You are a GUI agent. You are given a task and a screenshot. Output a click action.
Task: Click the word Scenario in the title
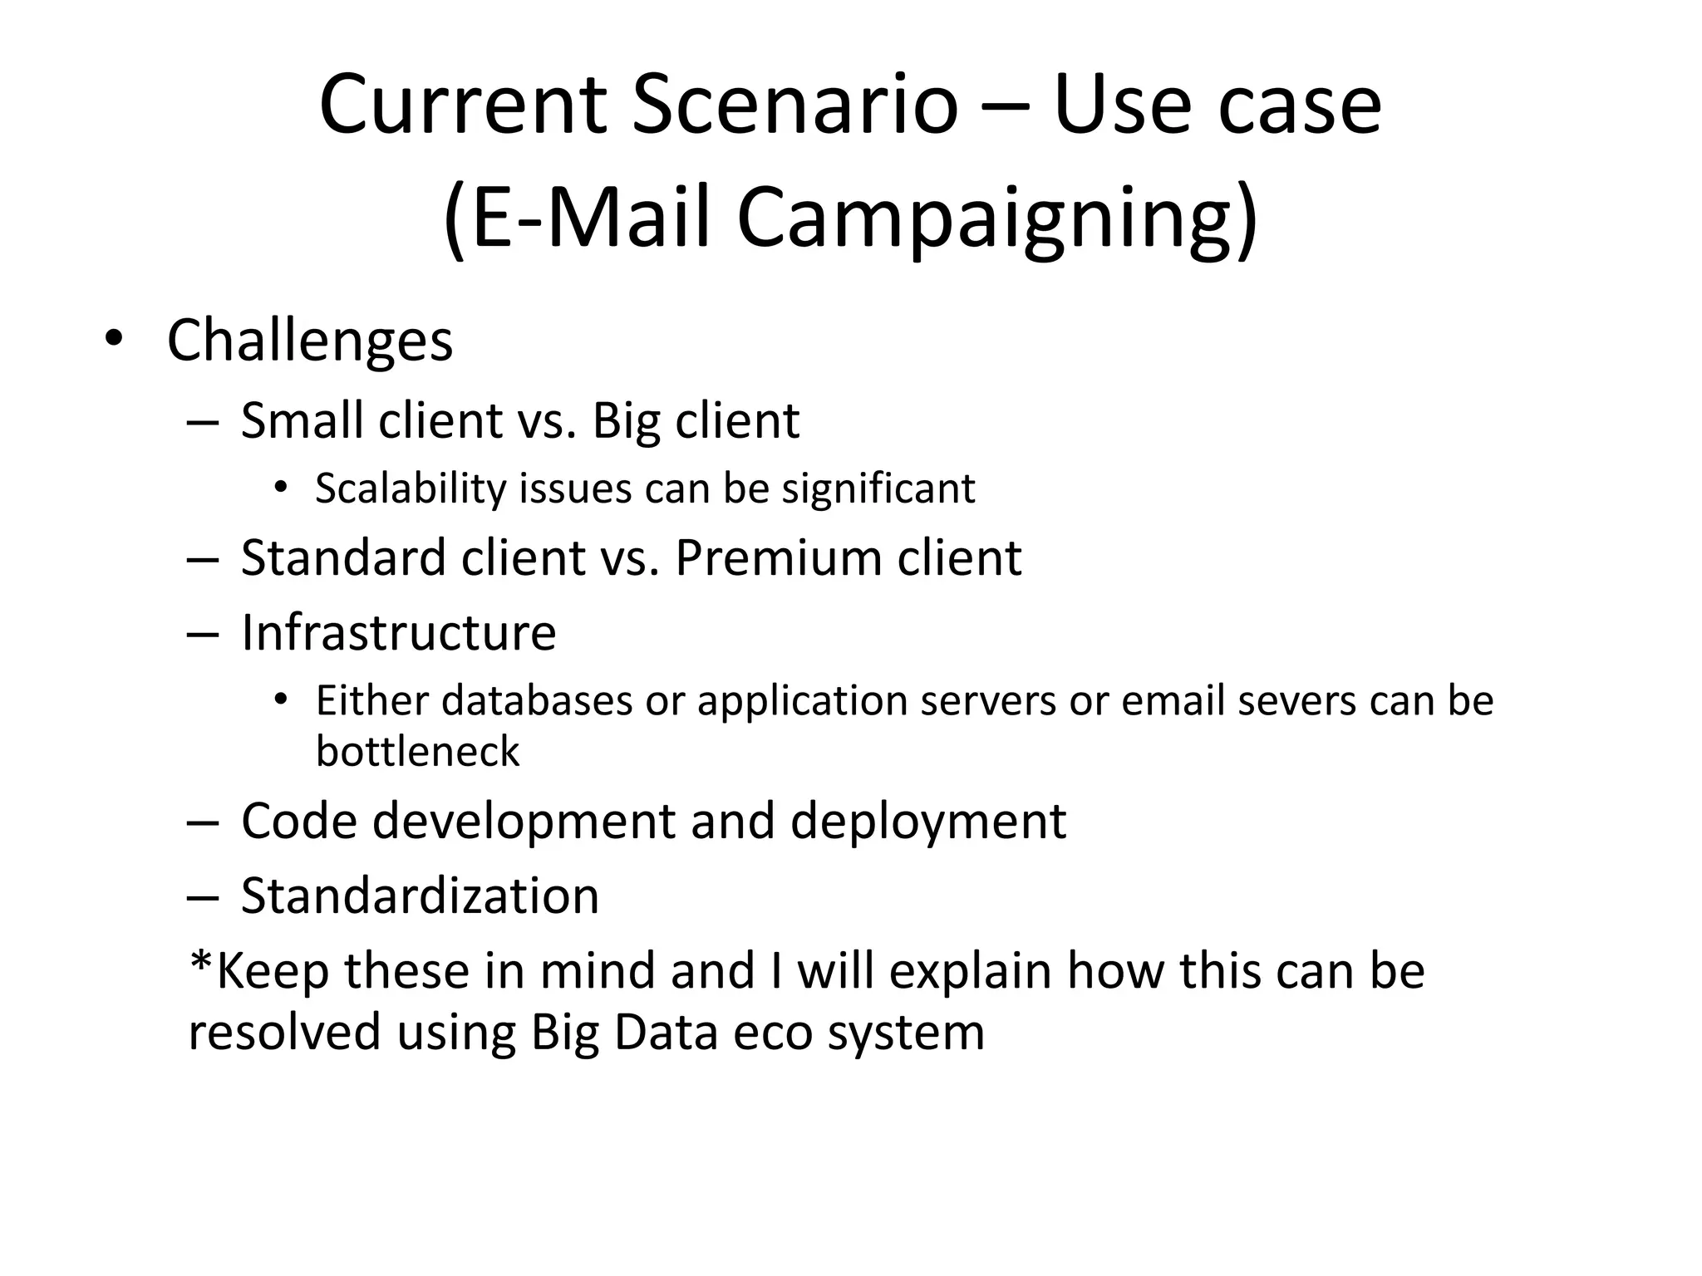click(795, 105)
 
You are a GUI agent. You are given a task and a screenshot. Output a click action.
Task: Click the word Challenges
click(309, 340)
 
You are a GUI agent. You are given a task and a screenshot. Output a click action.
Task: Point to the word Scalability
click(411, 488)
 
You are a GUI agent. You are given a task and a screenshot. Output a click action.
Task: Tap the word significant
click(878, 488)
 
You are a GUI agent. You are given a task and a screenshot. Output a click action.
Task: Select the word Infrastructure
click(398, 633)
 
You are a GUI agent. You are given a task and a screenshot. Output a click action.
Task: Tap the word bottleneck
click(417, 751)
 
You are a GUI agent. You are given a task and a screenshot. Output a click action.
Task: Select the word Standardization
click(420, 896)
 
